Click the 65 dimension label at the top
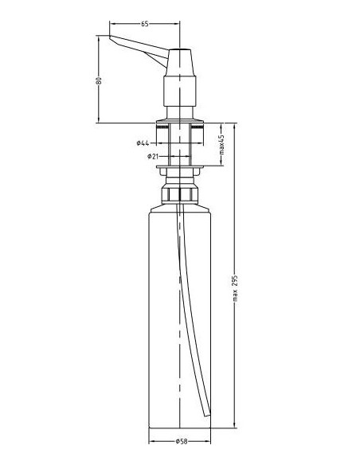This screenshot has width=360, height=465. pyautogui.click(x=144, y=25)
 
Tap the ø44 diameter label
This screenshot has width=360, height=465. pyautogui.click(x=144, y=143)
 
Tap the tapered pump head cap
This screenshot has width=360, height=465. pyautogui.click(x=181, y=62)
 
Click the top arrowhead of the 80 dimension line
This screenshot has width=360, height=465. pyautogui.click(x=98, y=37)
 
